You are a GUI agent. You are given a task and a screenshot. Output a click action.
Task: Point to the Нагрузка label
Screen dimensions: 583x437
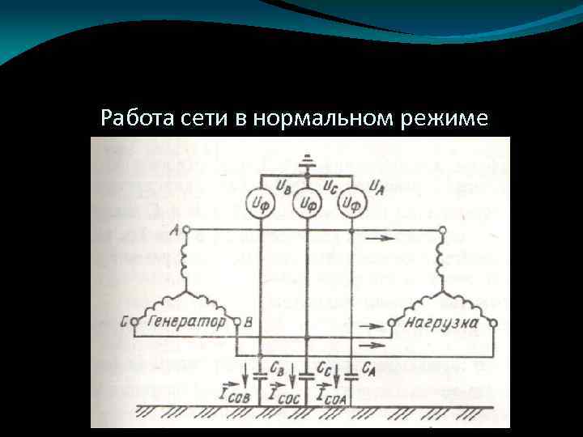point(443,322)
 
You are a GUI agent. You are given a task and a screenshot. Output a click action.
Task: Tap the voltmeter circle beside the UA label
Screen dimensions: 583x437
point(350,203)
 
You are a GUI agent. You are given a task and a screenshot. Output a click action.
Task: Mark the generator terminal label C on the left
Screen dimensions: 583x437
point(126,322)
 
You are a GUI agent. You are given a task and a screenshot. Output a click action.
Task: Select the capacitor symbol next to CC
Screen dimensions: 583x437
point(306,375)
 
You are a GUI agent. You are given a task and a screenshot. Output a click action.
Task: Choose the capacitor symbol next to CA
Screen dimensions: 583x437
point(351,375)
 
